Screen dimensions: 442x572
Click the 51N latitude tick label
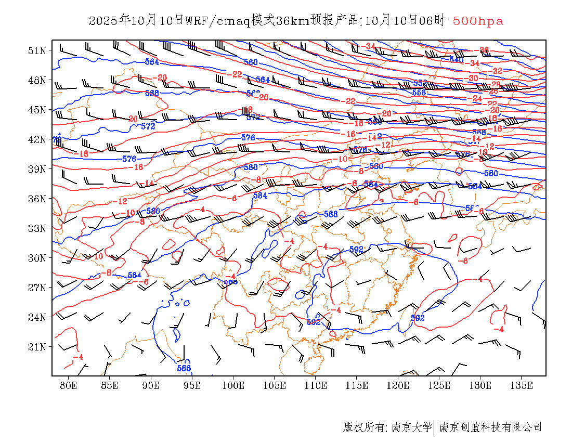(x=38, y=50)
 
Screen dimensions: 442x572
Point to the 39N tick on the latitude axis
(x=38, y=169)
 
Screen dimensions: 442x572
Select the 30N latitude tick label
(x=38, y=258)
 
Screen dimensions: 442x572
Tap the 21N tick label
(x=38, y=347)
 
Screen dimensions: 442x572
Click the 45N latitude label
(x=38, y=110)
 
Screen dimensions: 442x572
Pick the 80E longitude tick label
(x=69, y=385)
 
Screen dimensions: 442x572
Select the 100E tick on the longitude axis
(x=233, y=385)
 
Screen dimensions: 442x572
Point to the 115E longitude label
(x=357, y=385)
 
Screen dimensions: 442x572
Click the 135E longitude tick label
(x=522, y=385)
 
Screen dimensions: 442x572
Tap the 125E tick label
(x=439, y=385)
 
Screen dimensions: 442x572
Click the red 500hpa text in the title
(x=478, y=21)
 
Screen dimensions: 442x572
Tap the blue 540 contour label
(x=456, y=59)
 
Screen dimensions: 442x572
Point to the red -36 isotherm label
(x=483, y=50)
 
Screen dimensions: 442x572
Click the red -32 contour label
(x=496, y=71)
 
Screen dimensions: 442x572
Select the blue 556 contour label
(x=419, y=92)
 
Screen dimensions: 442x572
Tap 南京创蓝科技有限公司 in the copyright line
(x=491, y=427)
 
